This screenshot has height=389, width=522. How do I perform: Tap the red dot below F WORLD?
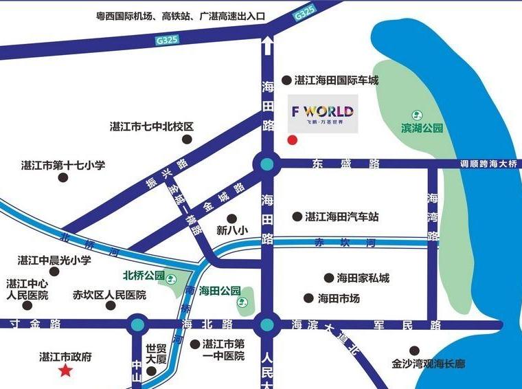click(292, 141)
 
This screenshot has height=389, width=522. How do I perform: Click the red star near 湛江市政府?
click(66, 371)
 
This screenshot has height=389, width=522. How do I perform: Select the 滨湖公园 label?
click(422, 128)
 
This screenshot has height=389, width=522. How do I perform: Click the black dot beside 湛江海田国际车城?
click(286, 80)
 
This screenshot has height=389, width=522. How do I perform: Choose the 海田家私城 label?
click(363, 278)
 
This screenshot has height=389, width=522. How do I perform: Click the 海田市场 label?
click(339, 299)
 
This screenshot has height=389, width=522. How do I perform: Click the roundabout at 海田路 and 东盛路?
click(266, 164)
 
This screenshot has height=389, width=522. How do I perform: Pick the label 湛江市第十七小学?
click(63, 165)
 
